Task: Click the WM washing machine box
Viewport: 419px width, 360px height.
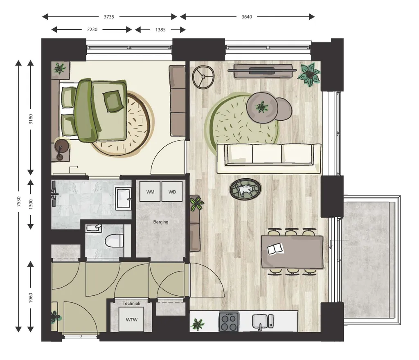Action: tap(150, 191)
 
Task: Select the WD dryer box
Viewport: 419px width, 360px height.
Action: tap(172, 191)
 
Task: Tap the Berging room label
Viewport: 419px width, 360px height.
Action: tap(160, 222)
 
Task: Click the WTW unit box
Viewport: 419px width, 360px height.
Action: tap(131, 319)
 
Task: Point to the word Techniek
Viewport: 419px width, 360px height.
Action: tap(131, 304)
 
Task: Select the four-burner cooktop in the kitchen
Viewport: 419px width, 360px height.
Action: tap(229, 322)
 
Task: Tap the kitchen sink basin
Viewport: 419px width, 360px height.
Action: tap(260, 321)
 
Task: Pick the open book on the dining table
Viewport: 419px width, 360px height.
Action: tap(275, 249)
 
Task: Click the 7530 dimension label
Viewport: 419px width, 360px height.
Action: tap(18, 201)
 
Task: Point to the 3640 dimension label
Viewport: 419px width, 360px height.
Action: tap(247, 17)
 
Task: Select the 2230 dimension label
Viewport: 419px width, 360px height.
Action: tap(92, 29)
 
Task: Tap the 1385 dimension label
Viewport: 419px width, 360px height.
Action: tap(160, 29)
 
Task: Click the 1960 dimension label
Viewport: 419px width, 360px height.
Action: tap(31, 297)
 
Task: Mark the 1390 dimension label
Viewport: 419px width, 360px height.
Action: tap(31, 204)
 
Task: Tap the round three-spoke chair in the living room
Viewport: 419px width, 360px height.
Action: tap(203, 77)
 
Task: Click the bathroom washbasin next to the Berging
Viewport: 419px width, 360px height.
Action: tap(123, 198)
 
